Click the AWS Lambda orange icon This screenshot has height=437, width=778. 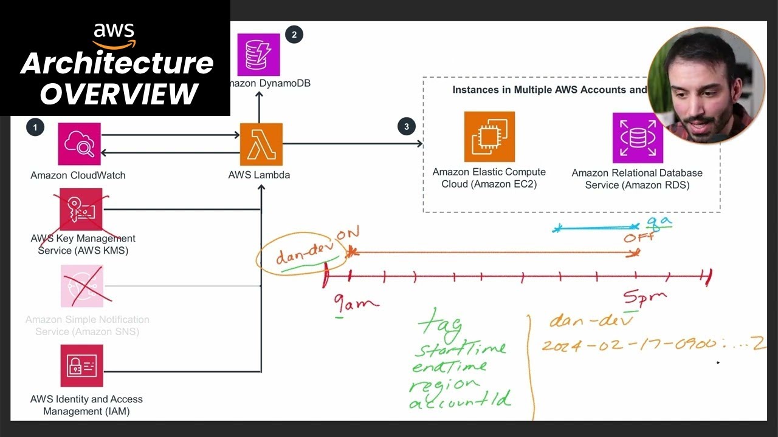261,144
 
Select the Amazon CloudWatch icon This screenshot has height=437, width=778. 80,144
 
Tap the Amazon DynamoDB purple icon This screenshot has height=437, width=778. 258,55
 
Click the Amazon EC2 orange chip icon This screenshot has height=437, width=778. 489,137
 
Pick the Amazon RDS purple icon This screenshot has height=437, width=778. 638,138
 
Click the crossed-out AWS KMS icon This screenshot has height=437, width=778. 81,209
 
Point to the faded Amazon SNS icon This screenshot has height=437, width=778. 82,286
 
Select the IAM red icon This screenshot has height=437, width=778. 81,366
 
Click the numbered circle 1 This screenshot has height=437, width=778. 35,127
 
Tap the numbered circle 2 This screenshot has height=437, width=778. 294,35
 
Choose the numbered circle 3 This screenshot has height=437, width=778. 406,127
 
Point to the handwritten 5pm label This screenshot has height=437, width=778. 644,298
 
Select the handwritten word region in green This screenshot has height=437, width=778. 444,384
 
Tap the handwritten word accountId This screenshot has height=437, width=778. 460,401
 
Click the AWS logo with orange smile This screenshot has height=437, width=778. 114,36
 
